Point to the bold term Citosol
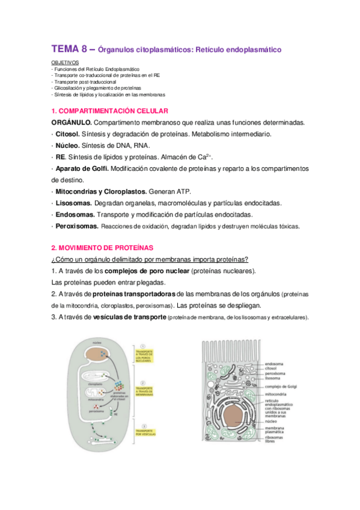point(68,134)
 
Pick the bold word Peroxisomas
point(77,226)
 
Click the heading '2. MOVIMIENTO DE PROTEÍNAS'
point(102,248)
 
